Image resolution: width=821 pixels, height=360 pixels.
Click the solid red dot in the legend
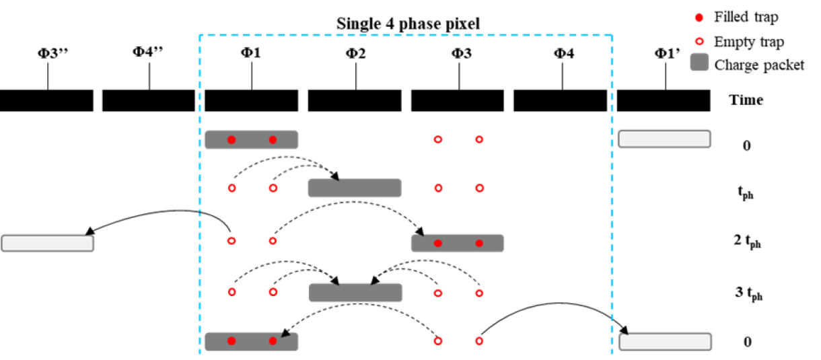coord(699,17)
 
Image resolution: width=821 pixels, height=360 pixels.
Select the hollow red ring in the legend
coord(699,41)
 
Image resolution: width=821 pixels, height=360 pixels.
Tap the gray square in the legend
coord(699,62)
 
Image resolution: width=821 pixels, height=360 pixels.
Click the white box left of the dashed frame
coord(47,243)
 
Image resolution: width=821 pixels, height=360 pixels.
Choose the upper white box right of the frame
coord(664,139)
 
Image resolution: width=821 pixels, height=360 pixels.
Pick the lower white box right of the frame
coord(665,342)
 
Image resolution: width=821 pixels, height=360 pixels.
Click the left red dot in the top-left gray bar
coord(231,140)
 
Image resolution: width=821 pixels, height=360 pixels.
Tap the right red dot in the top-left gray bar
coord(273,140)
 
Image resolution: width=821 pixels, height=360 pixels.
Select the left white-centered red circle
coord(231,188)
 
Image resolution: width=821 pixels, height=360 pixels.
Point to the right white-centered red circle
coord(273,188)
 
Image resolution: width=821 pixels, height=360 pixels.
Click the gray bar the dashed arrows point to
coord(355,188)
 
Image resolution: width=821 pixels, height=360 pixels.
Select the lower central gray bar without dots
coord(355,293)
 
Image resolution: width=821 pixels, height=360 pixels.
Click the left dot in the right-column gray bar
coord(438,243)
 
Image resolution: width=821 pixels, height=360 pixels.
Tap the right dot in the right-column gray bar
coord(479,243)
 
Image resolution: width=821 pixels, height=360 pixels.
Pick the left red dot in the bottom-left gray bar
coord(231,341)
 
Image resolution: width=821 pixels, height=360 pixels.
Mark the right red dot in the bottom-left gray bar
coord(273,341)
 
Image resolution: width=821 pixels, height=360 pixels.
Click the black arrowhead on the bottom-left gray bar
coord(286,334)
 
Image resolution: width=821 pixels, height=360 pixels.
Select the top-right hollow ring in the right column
coord(479,139)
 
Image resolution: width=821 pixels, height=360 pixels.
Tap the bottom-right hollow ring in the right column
coord(479,341)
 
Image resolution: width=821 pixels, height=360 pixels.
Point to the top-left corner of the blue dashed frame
coord(201,35)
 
